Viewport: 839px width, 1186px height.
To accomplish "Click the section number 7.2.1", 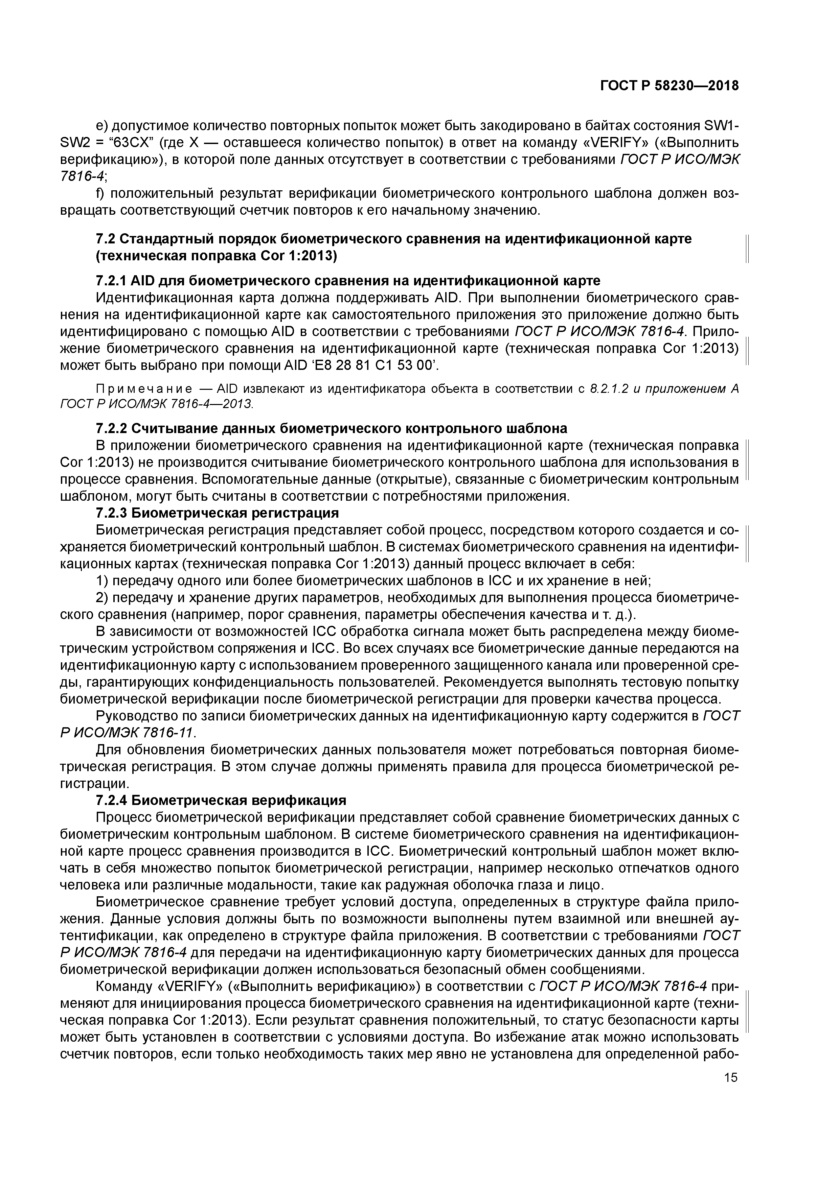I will tap(111, 281).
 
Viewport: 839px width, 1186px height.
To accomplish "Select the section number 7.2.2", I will tap(111, 428).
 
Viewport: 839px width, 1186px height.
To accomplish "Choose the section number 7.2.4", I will tap(111, 800).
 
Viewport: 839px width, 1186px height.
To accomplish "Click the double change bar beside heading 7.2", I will tap(748, 247).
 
